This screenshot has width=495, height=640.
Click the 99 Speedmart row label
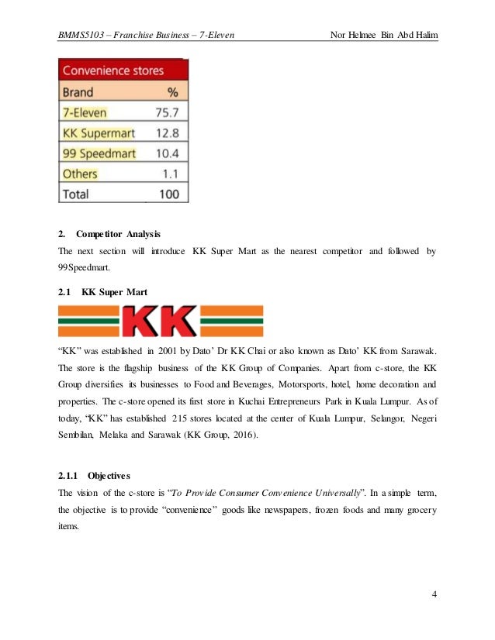coord(99,153)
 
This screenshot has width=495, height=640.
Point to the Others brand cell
coord(80,174)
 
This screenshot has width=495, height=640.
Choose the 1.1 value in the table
coord(171,174)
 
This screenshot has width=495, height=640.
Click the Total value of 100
coord(168,194)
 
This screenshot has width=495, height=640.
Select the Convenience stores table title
coord(113,71)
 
